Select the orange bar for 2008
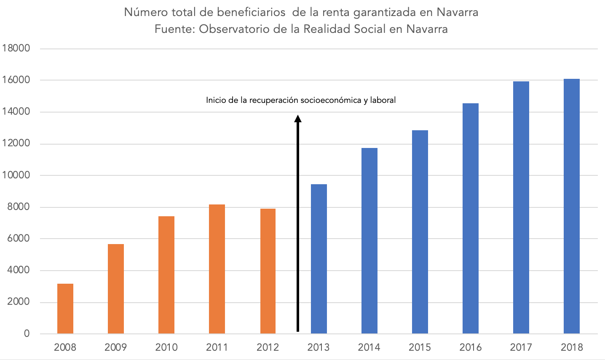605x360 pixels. pyautogui.click(x=65, y=309)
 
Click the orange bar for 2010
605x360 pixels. pyautogui.click(x=166, y=275)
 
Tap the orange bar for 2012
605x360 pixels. pyautogui.click(x=268, y=271)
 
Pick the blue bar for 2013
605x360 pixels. pyautogui.click(x=319, y=259)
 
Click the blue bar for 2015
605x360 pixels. pyautogui.click(x=420, y=232)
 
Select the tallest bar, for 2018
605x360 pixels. pyautogui.click(x=572, y=206)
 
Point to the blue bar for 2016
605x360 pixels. pyautogui.click(x=470, y=218)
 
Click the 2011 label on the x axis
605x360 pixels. pyautogui.click(x=217, y=347)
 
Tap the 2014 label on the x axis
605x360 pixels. pyautogui.click(x=369, y=347)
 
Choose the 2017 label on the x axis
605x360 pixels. pyautogui.click(x=521, y=347)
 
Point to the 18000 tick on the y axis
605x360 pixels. pyautogui.click(x=16, y=48)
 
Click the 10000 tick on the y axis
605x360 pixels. pyautogui.click(x=16, y=175)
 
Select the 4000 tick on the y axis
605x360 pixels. pyautogui.click(x=19, y=270)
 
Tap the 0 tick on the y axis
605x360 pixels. pyautogui.click(x=27, y=334)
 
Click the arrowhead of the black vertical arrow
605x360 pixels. pyautogui.click(x=298, y=118)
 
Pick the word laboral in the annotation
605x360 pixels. pyautogui.click(x=383, y=100)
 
